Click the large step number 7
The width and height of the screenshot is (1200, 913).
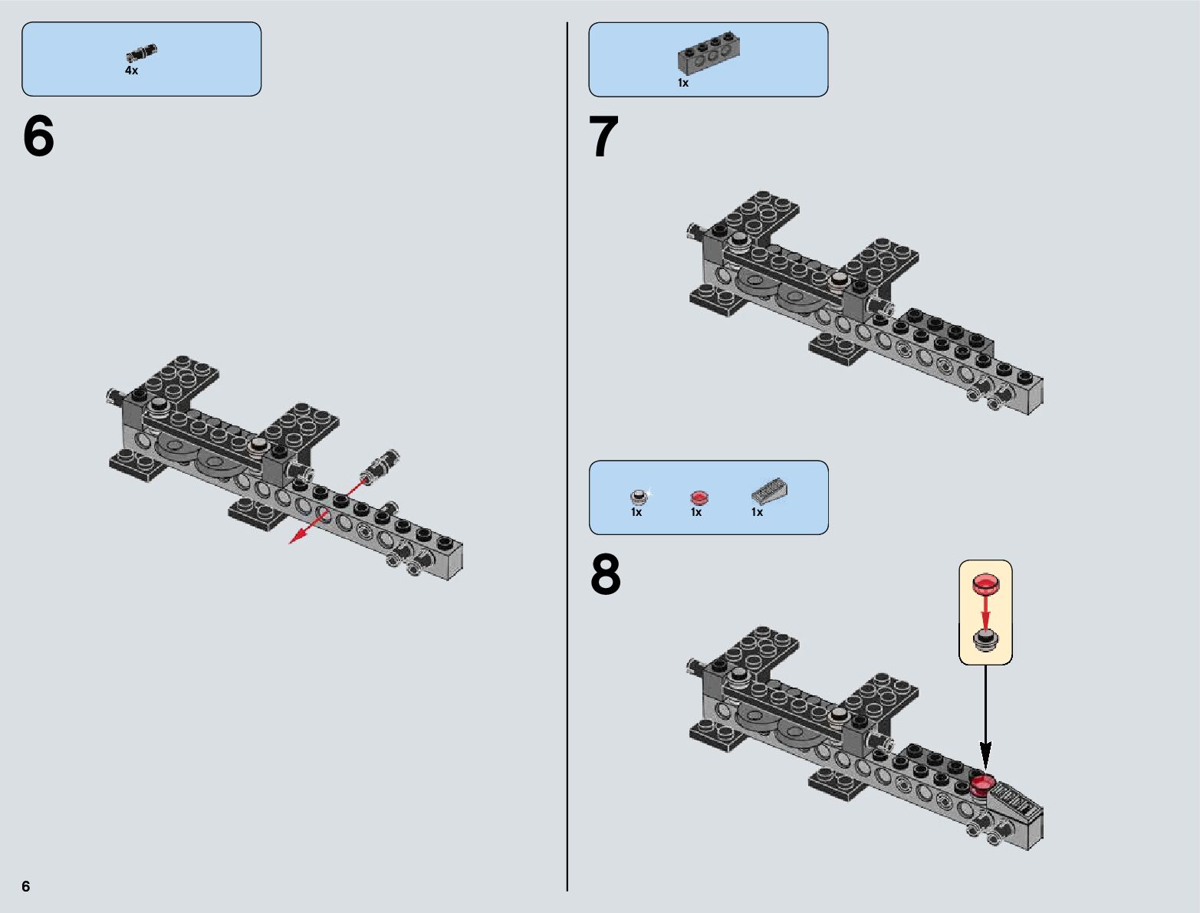[603, 138]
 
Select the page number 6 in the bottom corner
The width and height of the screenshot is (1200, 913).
[26, 886]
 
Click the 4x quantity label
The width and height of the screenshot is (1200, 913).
[132, 71]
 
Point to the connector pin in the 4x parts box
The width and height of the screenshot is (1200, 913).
[142, 53]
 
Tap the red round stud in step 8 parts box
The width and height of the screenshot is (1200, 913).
[697, 497]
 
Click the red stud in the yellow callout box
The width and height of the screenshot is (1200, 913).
[985, 584]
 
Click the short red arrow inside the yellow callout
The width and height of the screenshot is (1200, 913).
[985, 611]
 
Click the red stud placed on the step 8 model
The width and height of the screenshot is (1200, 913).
[982, 783]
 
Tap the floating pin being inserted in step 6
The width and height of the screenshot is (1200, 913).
[381, 465]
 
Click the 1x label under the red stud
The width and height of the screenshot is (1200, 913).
[696, 512]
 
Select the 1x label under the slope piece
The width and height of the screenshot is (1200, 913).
[757, 512]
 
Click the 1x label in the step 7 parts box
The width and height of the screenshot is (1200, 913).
[682, 83]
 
